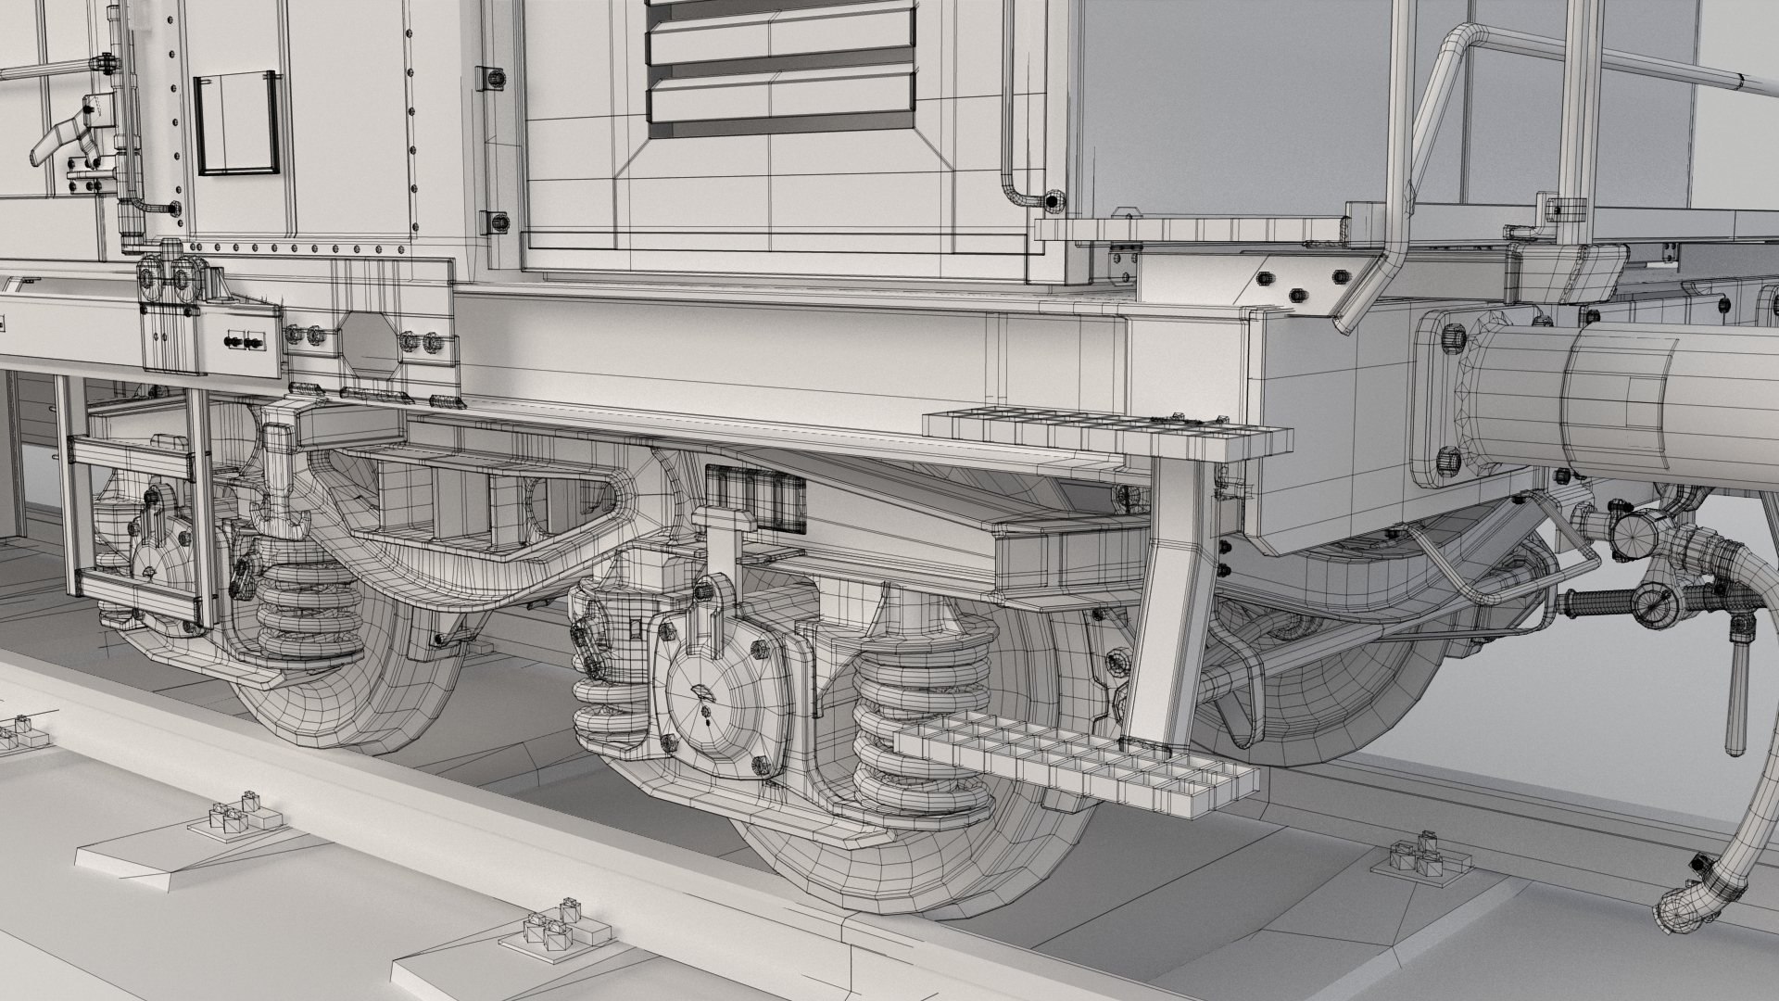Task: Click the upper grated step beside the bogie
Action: click(1103, 431)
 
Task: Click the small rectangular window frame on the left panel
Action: click(237, 123)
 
